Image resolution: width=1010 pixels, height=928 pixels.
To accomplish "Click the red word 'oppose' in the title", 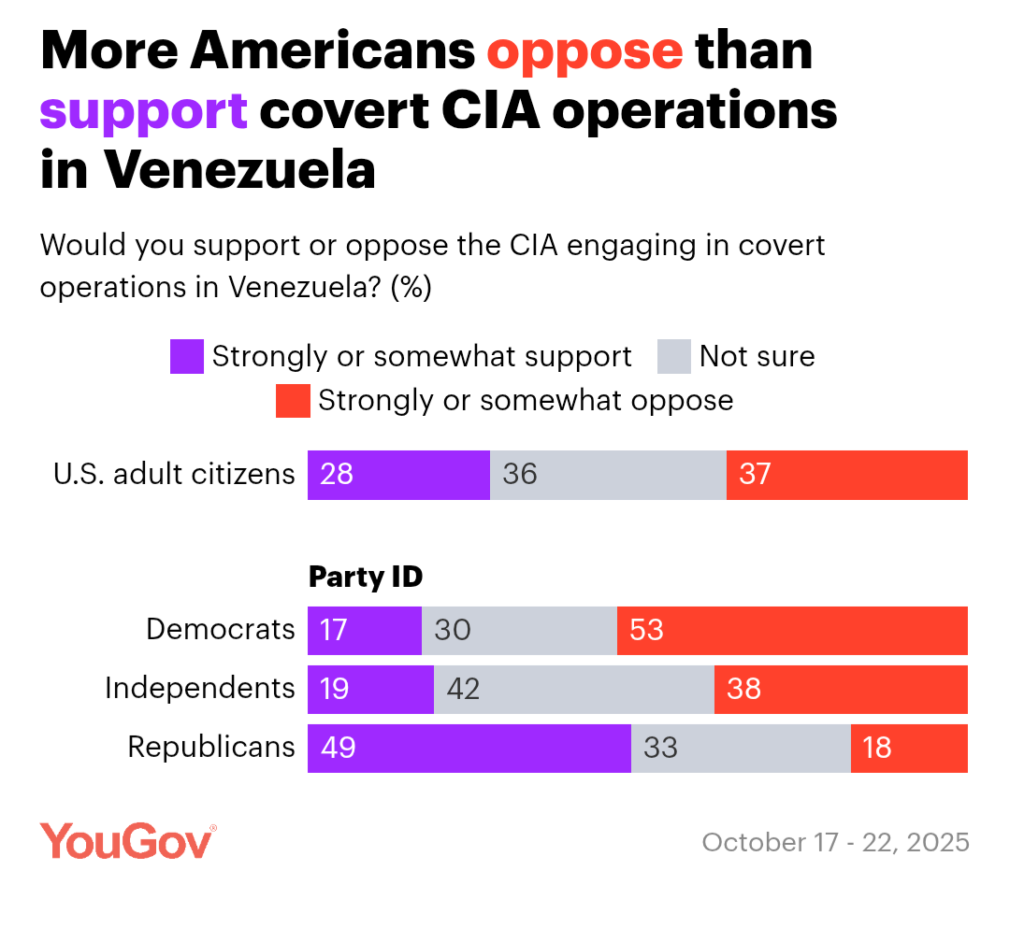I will tap(584, 52).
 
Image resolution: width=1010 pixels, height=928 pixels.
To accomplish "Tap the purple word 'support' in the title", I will tap(143, 112).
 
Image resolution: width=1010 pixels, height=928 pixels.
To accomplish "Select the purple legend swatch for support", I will tap(187, 357).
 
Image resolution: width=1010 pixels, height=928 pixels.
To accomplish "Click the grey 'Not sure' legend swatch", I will tap(675, 357).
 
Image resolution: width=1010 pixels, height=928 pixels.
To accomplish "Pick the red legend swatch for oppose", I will tap(293, 401).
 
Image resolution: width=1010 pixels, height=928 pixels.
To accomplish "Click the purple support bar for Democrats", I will tap(365, 630).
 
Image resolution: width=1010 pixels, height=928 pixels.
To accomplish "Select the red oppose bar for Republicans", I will tap(909, 749).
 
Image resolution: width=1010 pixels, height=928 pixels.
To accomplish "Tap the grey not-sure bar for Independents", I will tap(574, 690).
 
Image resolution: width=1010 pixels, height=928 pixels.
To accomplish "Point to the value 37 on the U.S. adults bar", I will tap(755, 475).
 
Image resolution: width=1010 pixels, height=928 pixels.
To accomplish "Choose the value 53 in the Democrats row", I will tap(646, 630).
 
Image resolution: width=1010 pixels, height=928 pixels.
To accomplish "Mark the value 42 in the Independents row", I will tap(463, 690).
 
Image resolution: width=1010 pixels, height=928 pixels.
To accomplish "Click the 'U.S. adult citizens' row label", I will tap(174, 475).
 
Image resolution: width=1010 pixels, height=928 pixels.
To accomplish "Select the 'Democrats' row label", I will tap(221, 630).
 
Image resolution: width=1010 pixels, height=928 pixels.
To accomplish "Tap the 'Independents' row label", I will tap(200, 689).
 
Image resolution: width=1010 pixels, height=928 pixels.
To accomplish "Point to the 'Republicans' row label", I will tap(211, 748).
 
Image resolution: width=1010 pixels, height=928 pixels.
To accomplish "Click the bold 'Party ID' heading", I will tap(366, 578).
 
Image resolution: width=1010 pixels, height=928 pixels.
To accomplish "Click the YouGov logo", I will tap(128, 841).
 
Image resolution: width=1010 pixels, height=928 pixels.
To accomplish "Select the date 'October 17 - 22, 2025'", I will tap(835, 843).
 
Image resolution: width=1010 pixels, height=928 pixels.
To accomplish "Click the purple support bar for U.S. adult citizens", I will tap(399, 475).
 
